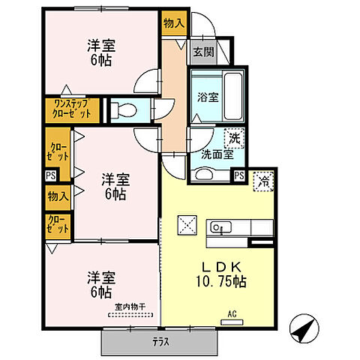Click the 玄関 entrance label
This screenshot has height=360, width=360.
click(202, 52)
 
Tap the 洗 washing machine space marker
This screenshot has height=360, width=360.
click(235, 138)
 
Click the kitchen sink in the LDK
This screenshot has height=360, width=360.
click(218, 226)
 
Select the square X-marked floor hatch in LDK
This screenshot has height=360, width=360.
click(186, 226)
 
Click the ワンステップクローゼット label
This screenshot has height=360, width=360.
click(71, 109)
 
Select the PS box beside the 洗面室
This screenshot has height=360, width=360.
click(239, 175)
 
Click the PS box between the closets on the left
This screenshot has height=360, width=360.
click(49, 175)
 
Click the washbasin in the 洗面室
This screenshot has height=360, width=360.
click(205, 174)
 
